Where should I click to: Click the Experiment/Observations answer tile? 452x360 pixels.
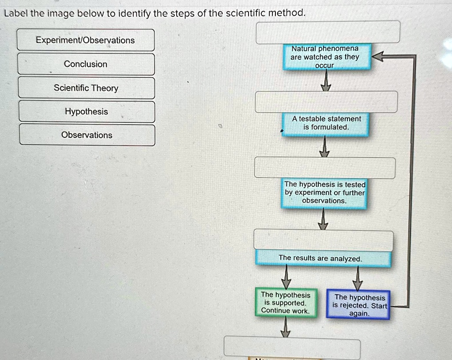coord(86,40)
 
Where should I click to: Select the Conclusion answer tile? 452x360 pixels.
coord(86,64)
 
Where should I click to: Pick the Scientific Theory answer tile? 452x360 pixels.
coord(87,88)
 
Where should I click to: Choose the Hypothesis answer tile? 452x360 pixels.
coord(87,112)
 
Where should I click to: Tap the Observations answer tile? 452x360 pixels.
coord(87,135)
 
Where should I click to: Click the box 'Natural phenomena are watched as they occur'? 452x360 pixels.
coord(326,57)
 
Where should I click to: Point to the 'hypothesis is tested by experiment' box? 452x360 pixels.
coord(324,193)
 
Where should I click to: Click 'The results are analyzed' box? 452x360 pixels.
coord(323,258)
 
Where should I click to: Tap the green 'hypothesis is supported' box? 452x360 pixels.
coord(286,303)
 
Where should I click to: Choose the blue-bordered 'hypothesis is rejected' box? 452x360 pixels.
coord(358,305)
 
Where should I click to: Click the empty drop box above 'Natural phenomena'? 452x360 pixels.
coord(328,32)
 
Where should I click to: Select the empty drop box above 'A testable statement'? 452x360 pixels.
coord(326,102)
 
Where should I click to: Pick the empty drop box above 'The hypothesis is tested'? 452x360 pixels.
coord(324,168)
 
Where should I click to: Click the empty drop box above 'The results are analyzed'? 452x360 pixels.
coord(323,241)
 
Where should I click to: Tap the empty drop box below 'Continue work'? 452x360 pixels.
coord(292,347)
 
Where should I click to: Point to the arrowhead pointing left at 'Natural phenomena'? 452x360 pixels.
coord(378,57)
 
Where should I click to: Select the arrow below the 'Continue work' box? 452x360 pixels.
coord(286,327)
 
